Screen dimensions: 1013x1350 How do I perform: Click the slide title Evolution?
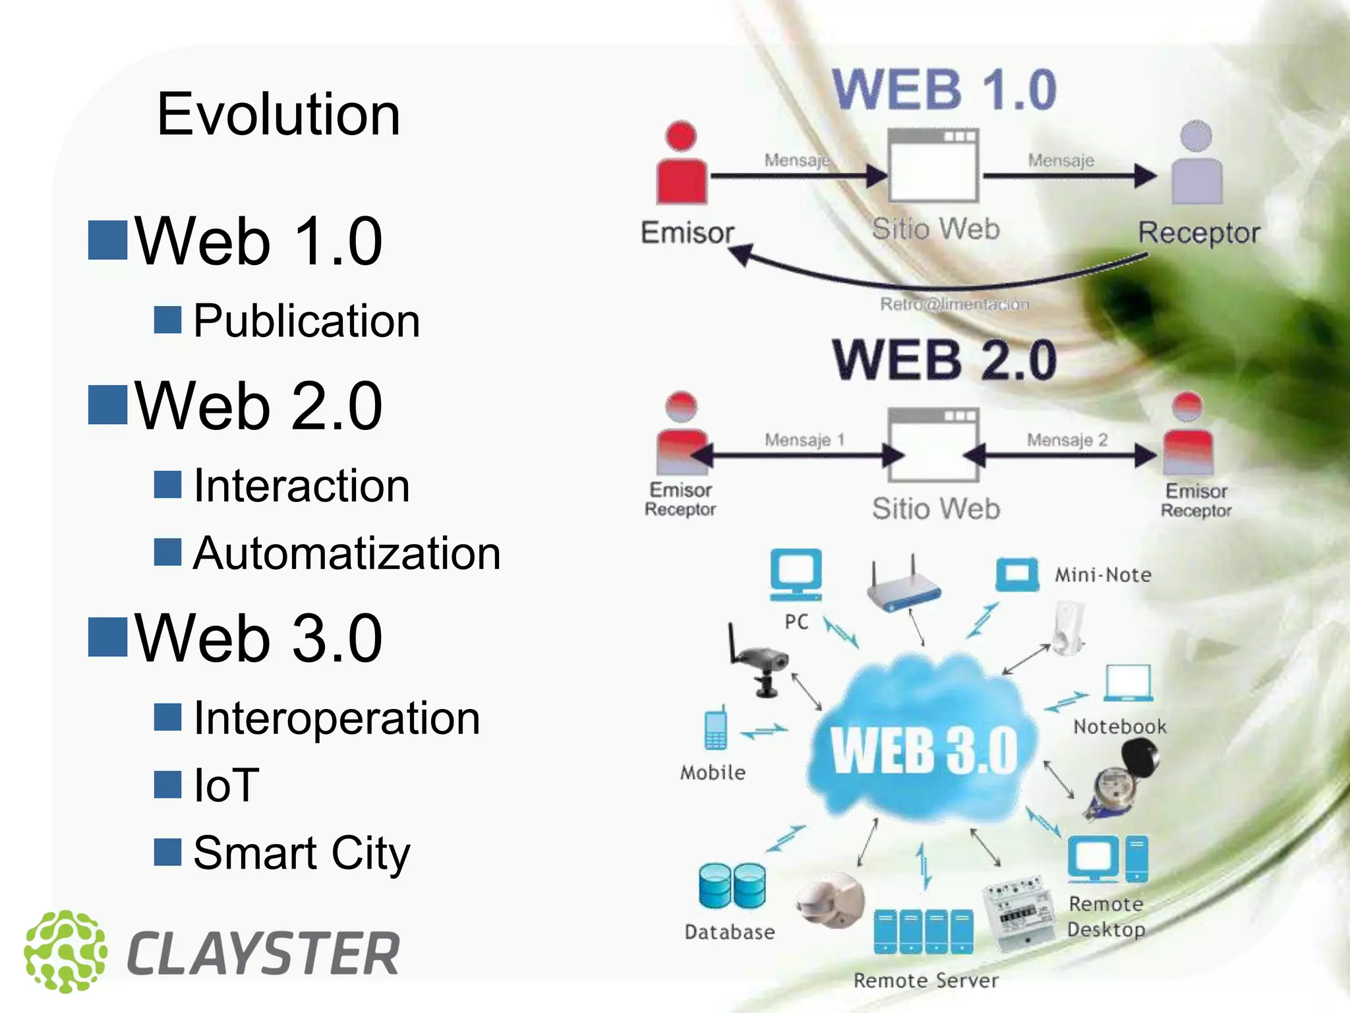[x=278, y=115]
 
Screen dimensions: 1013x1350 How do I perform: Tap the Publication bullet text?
[x=307, y=321]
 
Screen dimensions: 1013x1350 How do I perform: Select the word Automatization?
[x=347, y=553]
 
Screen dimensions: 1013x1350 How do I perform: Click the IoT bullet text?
[x=226, y=785]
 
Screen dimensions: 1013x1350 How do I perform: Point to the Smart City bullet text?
[x=302, y=853]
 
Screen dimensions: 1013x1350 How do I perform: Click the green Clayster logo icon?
[x=65, y=952]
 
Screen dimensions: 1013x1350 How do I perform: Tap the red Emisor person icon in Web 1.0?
[x=682, y=163]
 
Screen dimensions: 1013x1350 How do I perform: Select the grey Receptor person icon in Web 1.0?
[x=1196, y=163]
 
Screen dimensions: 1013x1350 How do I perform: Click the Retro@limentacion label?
[x=954, y=304]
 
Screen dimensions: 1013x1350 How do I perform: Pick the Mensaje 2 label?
[x=1067, y=440]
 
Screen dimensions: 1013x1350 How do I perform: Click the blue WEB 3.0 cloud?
[x=923, y=745]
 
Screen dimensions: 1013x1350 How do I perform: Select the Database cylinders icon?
[x=732, y=885]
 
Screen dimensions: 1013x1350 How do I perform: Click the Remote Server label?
[x=925, y=981]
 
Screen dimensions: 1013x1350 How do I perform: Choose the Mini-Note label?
[x=1103, y=575]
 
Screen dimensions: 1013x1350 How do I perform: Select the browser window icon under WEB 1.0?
[x=933, y=165]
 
